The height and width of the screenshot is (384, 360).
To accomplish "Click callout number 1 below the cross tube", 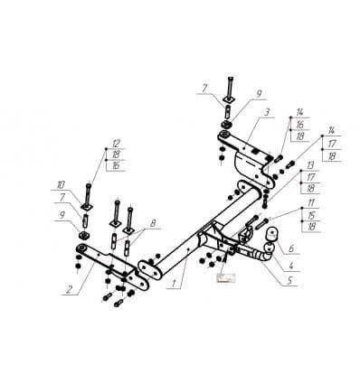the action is [x=174, y=284].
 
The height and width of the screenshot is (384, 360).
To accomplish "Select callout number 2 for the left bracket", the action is [x=70, y=289].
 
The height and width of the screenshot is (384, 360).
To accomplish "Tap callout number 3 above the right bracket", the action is [x=267, y=113].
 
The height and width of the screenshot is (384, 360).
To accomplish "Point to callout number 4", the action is [x=291, y=266].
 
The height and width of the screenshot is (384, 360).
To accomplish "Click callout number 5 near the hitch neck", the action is [x=289, y=280].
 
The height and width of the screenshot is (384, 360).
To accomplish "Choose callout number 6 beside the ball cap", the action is [x=290, y=248].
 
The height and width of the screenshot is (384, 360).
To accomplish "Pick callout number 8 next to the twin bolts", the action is [x=153, y=223].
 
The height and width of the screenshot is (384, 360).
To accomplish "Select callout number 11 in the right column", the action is [x=311, y=202].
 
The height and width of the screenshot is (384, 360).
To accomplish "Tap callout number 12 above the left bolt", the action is [x=116, y=144].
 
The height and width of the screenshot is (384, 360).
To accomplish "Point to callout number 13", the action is [x=310, y=165].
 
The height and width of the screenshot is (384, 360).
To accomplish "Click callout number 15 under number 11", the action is [x=311, y=215].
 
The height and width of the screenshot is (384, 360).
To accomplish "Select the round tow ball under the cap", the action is [x=269, y=248].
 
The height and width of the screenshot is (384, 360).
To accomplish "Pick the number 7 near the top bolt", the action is [x=204, y=89].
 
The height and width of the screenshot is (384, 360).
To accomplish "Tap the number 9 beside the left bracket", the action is [x=62, y=215].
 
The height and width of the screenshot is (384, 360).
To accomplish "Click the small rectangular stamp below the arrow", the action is [x=227, y=278].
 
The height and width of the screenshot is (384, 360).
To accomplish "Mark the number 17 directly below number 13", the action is [x=310, y=177].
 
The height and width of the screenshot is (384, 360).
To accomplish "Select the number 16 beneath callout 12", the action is [x=116, y=165].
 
